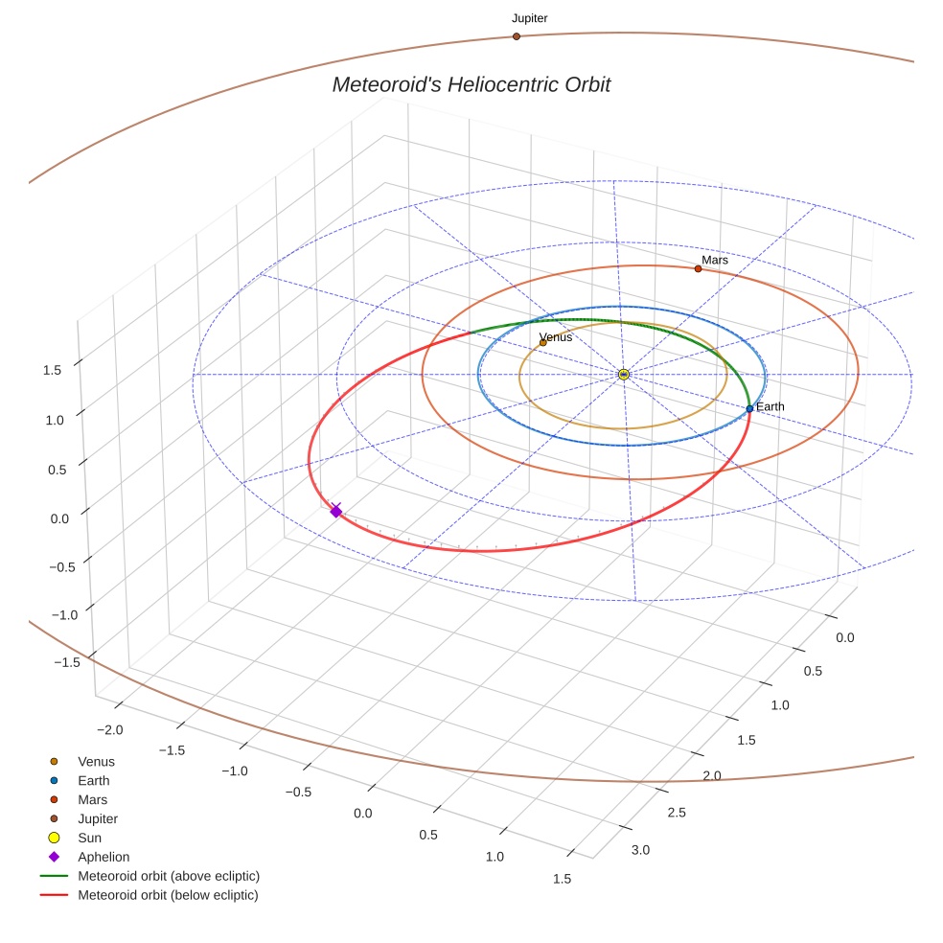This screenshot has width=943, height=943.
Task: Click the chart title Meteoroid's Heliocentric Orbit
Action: tap(471, 85)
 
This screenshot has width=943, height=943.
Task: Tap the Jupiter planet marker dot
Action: tap(516, 36)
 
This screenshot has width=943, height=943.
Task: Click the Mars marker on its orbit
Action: tap(698, 268)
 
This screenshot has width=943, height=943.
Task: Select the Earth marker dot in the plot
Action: tap(749, 408)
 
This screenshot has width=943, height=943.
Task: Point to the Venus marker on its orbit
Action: tap(542, 342)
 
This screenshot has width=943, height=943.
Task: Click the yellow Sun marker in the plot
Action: tap(623, 374)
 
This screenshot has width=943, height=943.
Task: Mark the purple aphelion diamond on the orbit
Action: tap(335, 512)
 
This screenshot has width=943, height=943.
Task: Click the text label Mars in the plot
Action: tap(715, 260)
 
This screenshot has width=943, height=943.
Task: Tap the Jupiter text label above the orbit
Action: tap(529, 18)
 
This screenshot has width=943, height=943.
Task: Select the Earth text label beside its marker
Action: tap(770, 406)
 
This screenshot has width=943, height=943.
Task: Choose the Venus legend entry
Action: tap(96, 762)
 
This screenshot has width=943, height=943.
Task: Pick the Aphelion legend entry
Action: tap(103, 857)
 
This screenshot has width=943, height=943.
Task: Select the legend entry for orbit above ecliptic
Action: tap(169, 876)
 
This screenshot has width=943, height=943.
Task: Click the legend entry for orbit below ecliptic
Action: tap(168, 895)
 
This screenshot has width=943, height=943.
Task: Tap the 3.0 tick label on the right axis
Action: tap(639, 850)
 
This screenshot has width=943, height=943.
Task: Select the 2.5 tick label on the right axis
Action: tap(676, 813)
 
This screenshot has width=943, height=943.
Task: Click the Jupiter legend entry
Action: tap(98, 818)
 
